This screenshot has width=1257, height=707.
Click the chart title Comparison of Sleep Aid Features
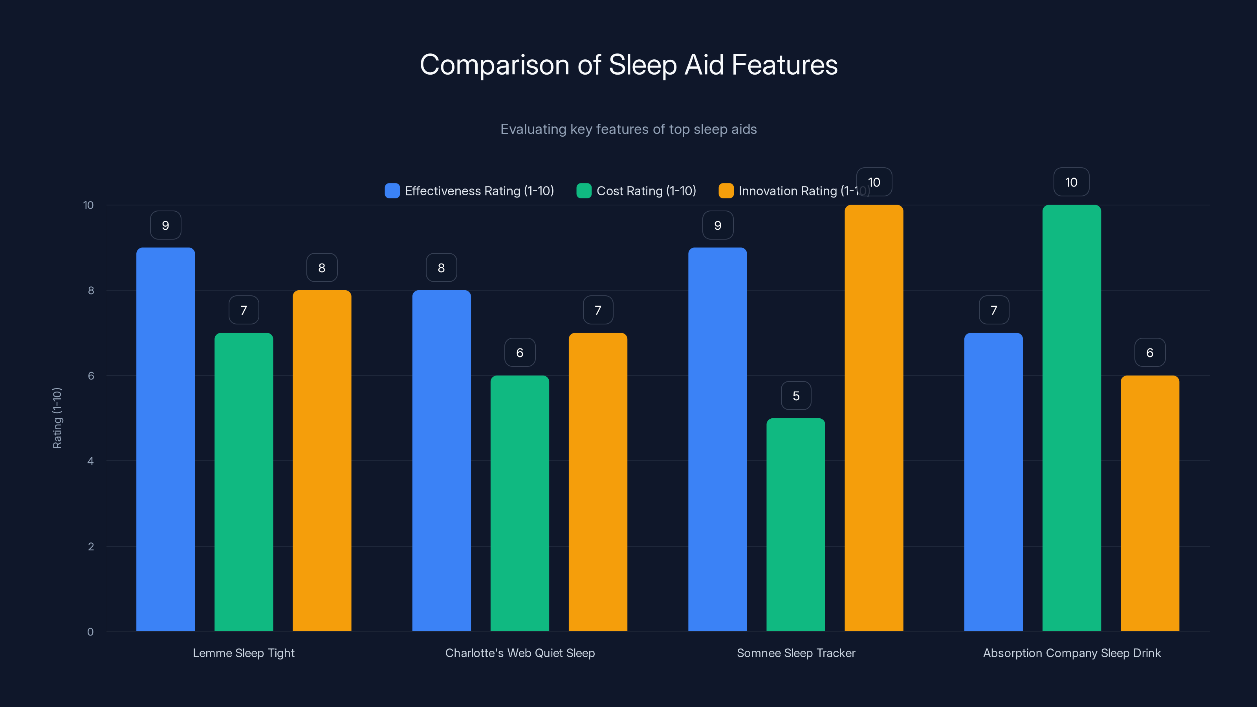(x=628, y=65)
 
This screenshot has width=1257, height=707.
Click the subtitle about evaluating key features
(x=628, y=129)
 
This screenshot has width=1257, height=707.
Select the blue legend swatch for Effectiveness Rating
(x=392, y=191)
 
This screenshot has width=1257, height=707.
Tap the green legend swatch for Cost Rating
(x=584, y=191)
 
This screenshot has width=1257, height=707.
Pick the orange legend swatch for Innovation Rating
(x=726, y=191)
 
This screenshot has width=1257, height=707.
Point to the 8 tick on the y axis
(x=91, y=291)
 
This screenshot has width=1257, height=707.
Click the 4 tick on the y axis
(x=90, y=461)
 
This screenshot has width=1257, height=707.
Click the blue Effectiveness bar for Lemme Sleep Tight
(x=165, y=439)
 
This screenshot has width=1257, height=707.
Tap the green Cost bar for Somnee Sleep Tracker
(x=795, y=524)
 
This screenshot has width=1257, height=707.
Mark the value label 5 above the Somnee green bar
(x=796, y=396)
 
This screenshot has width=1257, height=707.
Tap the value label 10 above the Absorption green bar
(x=1071, y=183)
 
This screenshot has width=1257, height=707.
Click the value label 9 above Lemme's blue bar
(x=165, y=225)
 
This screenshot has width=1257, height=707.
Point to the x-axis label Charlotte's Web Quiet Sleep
(x=520, y=653)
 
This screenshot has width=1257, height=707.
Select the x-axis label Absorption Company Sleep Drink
(x=1072, y=653)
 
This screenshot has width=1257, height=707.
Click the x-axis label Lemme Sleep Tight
(x=244, y=653)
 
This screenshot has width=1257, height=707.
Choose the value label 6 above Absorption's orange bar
(x=1150, y=353)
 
